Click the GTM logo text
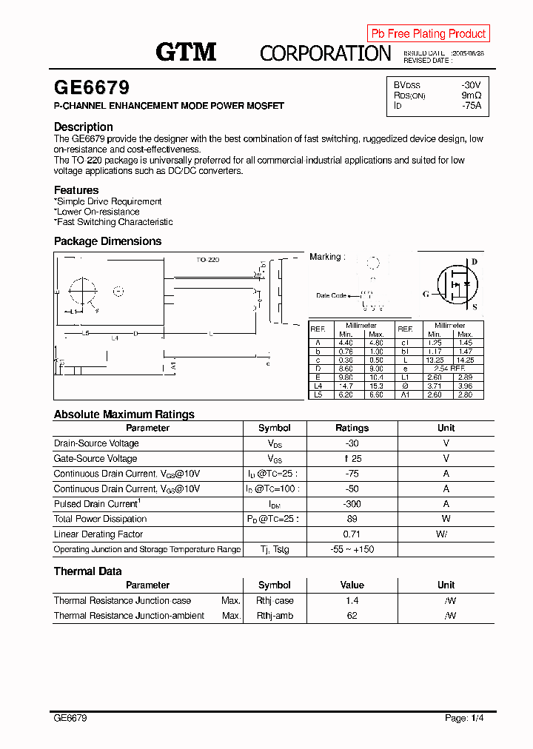(186, 52)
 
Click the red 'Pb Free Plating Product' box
(428, 33)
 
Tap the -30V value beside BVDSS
(471, 85)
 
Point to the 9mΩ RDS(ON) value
(472, 95)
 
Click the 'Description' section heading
(84, 127)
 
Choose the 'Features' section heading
(76, 190)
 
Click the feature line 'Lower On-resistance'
(98, 212)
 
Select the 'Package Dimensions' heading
(107, 241)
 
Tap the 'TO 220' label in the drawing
(208, 260)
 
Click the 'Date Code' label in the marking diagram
(331, 295)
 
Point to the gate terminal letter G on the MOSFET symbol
(426, 294)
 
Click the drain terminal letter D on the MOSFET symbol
(475, 262)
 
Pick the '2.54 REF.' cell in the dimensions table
(449, 368)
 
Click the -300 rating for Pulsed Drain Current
(352, 504)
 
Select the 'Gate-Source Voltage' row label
(95, 459)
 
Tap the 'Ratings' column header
(352, 428)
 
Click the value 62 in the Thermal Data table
(352, 616)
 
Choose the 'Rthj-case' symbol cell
(275, 601)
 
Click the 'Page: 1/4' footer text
(464, 718)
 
